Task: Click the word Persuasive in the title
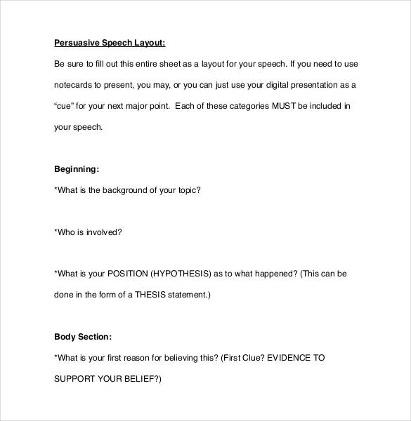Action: (x=74, y=42)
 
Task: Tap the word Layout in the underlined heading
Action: (x=150, y=42)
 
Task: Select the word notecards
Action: (x=74, y=85)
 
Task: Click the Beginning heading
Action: (x=77, y=169)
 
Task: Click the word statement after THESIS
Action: (x=186, y=295)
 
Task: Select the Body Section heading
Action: (x=82, y=337)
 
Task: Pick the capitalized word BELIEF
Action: (x=145, y=379)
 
